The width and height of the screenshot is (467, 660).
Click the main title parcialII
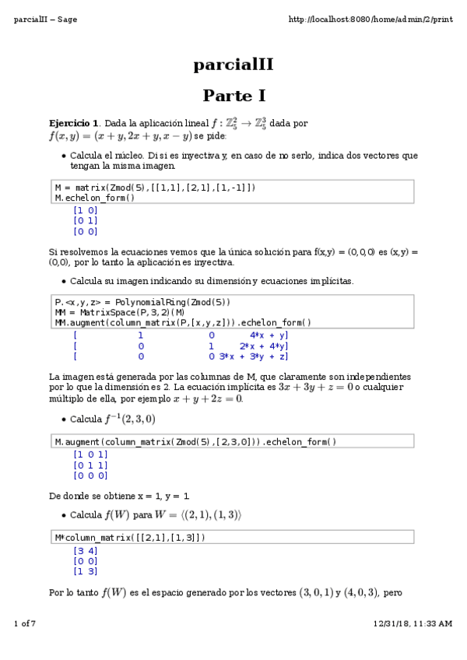[x=233, y=65]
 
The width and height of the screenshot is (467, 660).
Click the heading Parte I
[x=233, y=96]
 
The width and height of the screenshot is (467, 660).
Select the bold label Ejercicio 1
[x=74, y=123]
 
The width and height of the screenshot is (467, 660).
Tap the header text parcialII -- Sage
[x=45, y=19]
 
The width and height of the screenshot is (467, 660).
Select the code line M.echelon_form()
[x=94, y=198]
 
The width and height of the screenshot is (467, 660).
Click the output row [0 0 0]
[x=90, y=475]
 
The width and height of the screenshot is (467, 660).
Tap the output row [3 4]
[x=85, y=549]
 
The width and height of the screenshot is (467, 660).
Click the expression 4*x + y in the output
[x=269, y=334]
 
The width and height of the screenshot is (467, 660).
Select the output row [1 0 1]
[x=90, y=454]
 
